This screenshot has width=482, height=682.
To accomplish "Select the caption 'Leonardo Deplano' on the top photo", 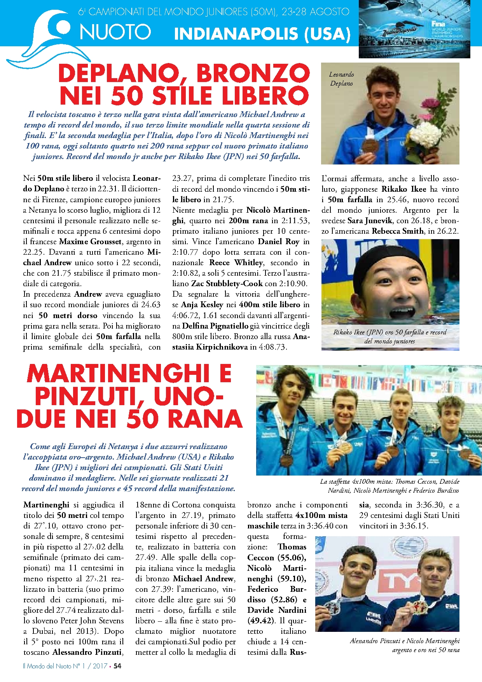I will (341, 79).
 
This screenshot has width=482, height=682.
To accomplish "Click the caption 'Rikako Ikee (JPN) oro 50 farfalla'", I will (389, 332).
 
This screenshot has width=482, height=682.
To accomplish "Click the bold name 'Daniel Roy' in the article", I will (278, 241).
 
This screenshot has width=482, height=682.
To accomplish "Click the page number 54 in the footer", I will (117, 666).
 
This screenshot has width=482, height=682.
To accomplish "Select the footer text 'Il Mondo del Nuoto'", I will (47, 666).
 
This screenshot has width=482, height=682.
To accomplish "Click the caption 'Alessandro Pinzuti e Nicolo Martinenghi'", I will (404, 641).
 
